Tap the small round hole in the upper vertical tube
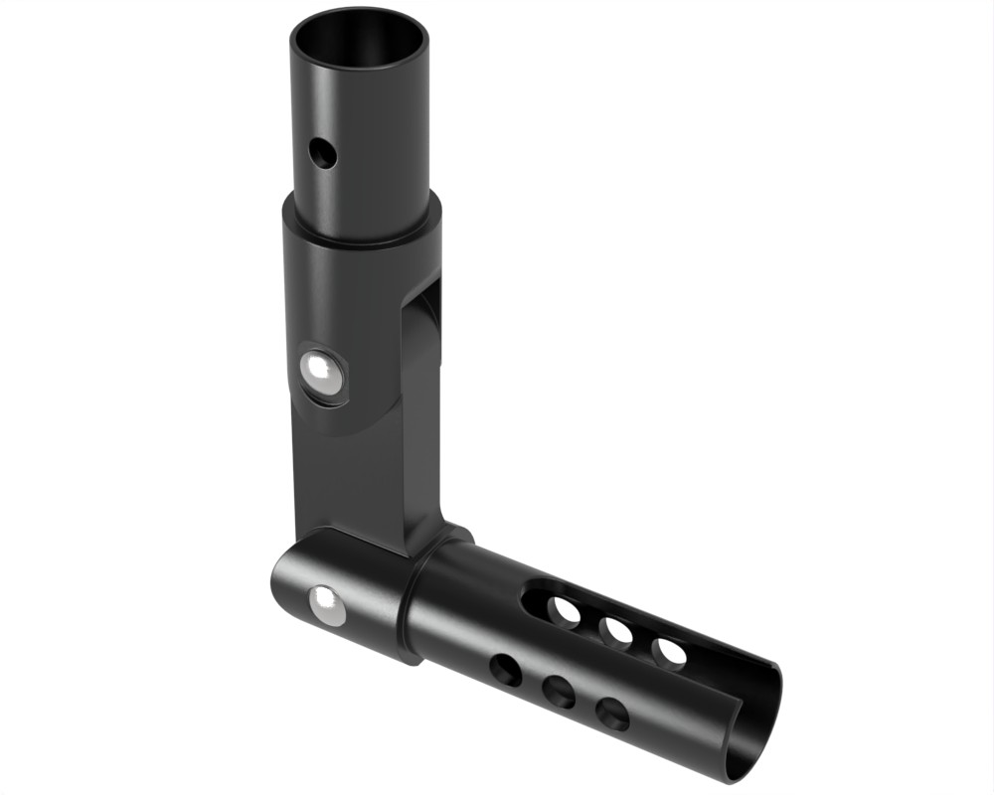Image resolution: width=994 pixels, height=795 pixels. coord(321,153)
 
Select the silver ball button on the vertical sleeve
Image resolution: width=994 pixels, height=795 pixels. coord(321,374)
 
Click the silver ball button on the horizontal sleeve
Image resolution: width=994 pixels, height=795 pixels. coord(323,603)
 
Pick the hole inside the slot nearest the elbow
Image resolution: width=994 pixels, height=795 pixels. coord(565,610)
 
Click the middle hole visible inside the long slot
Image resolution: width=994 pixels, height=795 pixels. coord(617,631)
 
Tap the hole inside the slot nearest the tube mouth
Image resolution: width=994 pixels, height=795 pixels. coord(670,652)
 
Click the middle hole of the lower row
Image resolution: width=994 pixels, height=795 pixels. coord(559,692)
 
